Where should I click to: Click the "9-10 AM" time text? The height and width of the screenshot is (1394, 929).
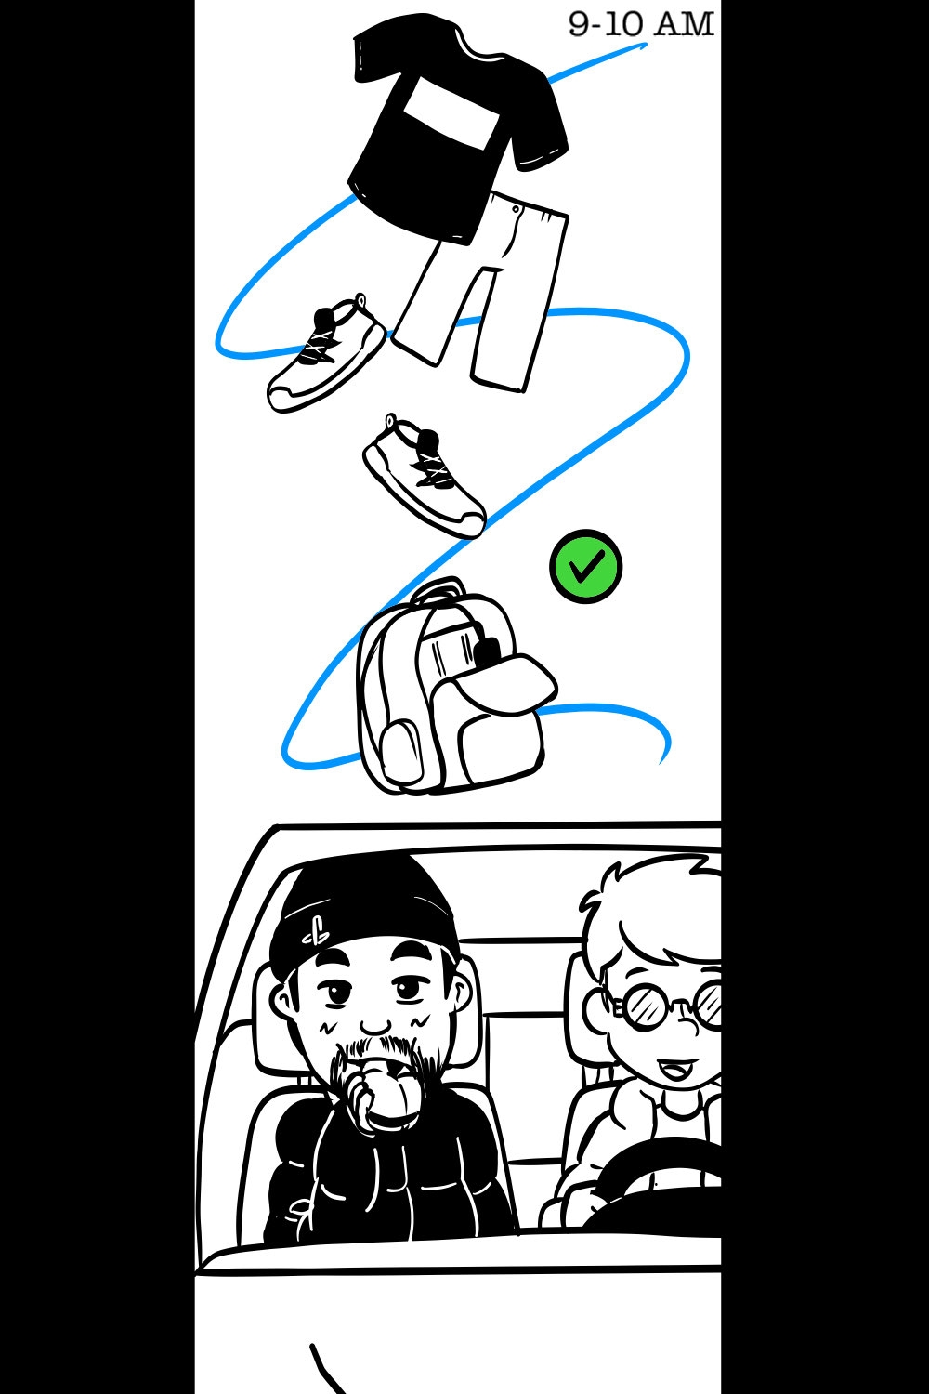[x=641, y=25]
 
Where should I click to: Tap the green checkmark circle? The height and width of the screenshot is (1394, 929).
[x=585, y=566]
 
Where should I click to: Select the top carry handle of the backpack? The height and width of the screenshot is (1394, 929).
[x=438, y=590]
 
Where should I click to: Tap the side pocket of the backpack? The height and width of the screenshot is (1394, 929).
[x=401, y=751]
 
